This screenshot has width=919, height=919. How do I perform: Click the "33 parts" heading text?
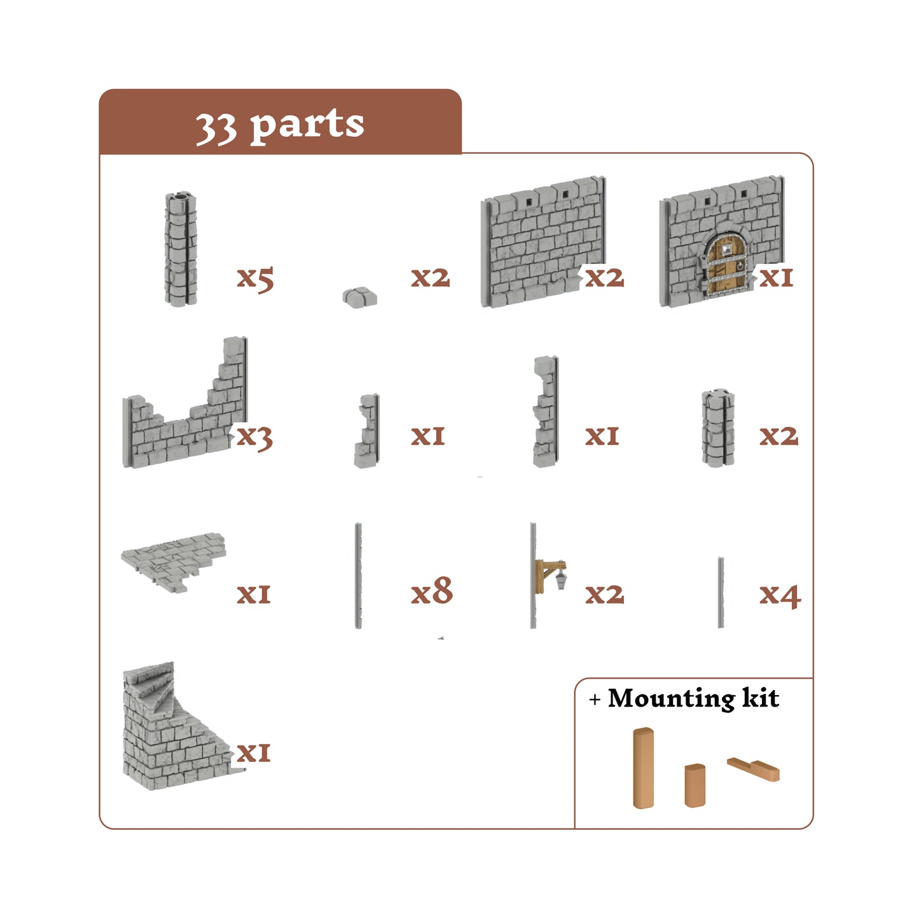(280, 124)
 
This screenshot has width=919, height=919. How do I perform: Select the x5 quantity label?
(255, 278)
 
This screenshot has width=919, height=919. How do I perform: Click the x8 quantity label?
(432, 591)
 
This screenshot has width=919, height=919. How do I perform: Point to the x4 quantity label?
(780, 595)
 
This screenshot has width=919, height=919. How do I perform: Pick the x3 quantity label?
(254, 437)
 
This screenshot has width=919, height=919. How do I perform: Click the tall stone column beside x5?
(181, 249)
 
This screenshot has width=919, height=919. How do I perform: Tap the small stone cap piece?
(360, 296)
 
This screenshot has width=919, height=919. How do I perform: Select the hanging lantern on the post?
(561, 579)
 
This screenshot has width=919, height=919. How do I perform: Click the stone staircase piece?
(172, 731)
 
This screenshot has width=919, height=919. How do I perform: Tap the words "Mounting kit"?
(693, 698)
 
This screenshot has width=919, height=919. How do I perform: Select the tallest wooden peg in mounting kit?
(644, 768)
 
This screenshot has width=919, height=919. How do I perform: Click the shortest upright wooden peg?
(694, 785)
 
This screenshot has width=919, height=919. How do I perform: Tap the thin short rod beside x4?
(721, 592)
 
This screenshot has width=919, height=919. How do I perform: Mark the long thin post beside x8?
(359, 576)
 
